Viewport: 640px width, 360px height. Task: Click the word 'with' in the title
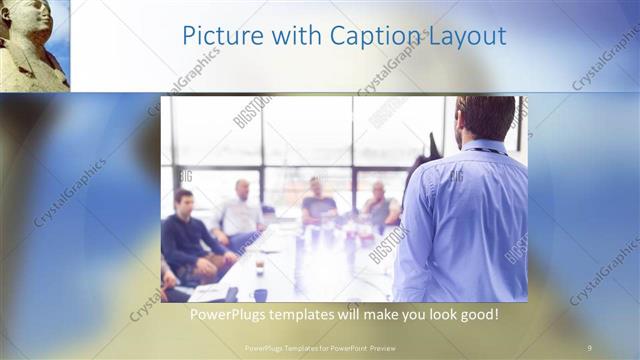(x=290, y=37)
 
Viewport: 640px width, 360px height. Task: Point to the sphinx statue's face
(x=37, y=18)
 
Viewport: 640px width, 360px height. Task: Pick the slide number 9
(x=590, y=347)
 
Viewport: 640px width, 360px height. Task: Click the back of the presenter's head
(x=487, y=117)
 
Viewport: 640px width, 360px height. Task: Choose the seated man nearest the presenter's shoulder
(x=380, y=208)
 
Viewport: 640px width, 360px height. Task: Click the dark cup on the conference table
(x=259, y=268)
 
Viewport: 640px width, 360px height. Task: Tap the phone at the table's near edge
(x=232, y=294)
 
